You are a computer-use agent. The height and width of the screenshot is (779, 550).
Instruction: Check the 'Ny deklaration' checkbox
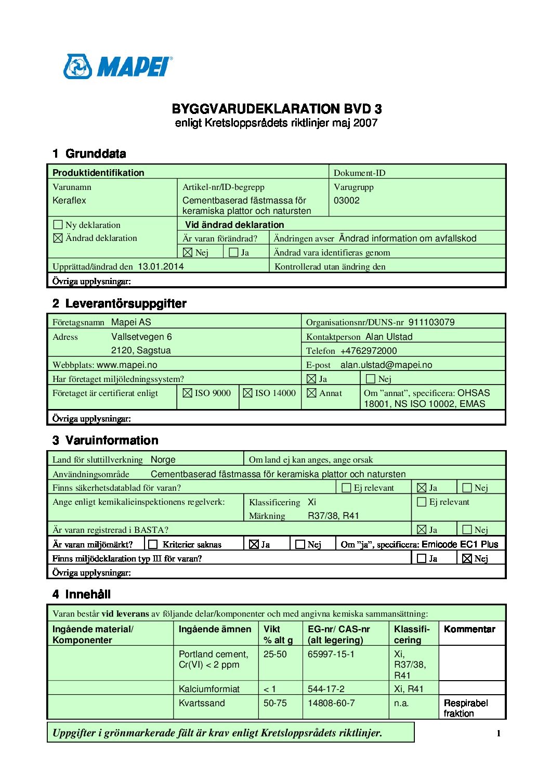point(58,225)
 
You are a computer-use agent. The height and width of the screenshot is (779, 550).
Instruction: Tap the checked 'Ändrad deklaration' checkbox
point(58,238)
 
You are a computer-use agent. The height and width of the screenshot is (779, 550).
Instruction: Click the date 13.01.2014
point(161,266)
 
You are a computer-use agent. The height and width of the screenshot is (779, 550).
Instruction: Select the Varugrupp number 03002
point(347,200)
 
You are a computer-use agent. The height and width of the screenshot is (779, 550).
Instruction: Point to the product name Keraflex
point(69,200)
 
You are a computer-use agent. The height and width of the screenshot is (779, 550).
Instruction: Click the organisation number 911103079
point(431,322)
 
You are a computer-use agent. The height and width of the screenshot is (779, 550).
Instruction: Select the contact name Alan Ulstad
point(389,337)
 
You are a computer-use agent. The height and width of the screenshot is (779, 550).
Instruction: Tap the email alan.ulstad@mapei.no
point(386,365)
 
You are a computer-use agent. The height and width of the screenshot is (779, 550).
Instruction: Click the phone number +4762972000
point(369,351)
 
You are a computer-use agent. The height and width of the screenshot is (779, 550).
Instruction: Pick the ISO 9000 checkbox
point(188,393)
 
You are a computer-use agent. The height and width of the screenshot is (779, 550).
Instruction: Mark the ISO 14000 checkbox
point(248,393)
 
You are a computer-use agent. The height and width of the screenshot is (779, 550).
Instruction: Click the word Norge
point(163,459)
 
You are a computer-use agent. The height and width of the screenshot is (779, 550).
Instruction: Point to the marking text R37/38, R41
point(333,516)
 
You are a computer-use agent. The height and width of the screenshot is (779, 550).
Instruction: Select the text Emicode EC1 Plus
point(460,544)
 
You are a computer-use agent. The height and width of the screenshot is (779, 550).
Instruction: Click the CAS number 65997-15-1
point(331,654)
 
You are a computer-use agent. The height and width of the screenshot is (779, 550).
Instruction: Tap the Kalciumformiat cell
point(209,689)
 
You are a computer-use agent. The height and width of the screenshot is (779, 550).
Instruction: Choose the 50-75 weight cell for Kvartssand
point(275,703)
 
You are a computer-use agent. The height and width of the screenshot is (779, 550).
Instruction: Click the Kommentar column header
point(469,629)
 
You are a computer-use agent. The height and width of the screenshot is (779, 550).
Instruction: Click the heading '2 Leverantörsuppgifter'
point(119,303)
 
